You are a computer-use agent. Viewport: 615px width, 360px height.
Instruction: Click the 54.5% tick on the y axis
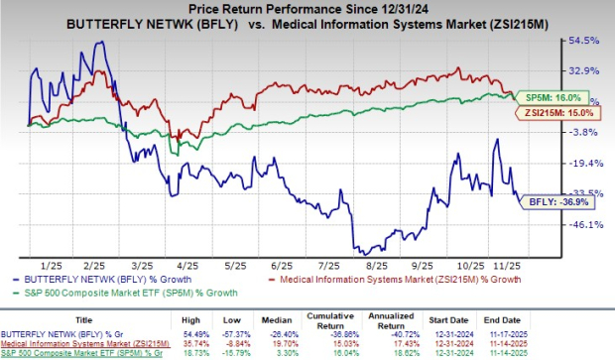pos(583,41)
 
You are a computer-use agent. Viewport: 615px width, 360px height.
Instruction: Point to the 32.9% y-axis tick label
pos(583,71)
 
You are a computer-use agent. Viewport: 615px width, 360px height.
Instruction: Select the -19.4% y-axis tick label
pos(583,163)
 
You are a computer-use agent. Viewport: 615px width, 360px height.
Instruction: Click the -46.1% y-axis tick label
pos(583,224)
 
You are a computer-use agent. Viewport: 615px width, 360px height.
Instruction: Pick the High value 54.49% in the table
pos(197,332)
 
